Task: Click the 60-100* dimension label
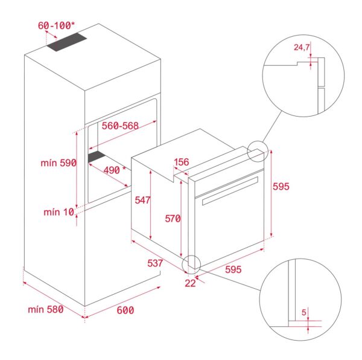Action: click(x=56, y=25)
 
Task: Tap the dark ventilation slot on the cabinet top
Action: click(x=67, y=42)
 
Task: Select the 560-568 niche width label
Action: click(x=120, y=126)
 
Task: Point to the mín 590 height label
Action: click(x=59, y=163)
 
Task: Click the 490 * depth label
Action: click(x=115, y=170)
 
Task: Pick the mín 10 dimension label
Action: click(x=59, y=212)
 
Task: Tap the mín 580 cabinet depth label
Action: click(x=46, y=309)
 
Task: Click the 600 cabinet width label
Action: click(x=125, y=310)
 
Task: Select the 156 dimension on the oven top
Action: click(x=182, y=162)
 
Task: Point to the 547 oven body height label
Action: click(x=142, y=200)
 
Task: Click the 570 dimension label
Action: click(x=173, y=219)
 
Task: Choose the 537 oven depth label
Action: click(x=155, y=263)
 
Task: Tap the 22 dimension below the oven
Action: click(x=190, y=283)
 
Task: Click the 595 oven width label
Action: click(x=233, y=269)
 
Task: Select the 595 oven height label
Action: click(x=281, y=186)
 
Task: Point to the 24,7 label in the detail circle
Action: click(x=301, y=47)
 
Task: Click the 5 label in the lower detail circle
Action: click(x=304, y=312)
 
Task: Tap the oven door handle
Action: click(x=230, y=191)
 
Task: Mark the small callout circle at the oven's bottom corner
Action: click(x=191, y=265)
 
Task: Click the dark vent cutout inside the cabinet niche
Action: click(x=97, y=156)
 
